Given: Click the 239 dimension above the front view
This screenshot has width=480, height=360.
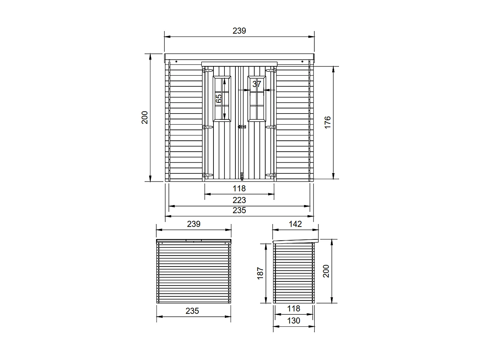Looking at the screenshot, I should [239, 31].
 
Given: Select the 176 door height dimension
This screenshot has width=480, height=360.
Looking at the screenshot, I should [327, 123].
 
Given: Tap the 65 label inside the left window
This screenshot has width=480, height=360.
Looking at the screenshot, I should [219, 98].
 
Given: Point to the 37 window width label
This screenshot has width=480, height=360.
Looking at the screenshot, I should [256, 84].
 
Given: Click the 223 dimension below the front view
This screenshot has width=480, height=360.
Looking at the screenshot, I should [239, 200].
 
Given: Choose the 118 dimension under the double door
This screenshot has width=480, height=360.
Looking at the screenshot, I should [239, 189].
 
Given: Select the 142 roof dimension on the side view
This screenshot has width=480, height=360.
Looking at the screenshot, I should [295, 224].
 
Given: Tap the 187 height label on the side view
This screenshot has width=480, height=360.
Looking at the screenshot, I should [260, 273].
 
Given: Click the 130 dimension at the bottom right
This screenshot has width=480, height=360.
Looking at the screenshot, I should [293, 321].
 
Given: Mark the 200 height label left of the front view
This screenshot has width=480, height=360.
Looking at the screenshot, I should [145, 117].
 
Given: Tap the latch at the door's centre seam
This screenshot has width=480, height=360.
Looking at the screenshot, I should [241, 127].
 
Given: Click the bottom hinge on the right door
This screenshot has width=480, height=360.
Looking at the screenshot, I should [270, 175].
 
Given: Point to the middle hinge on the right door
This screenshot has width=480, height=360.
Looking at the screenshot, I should [270, 127].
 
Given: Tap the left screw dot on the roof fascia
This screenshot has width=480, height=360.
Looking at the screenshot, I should [176, 61].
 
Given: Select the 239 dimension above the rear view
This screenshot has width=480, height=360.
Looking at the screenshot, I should [193, 224].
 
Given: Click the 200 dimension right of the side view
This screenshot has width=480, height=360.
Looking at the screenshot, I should [326, 271].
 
